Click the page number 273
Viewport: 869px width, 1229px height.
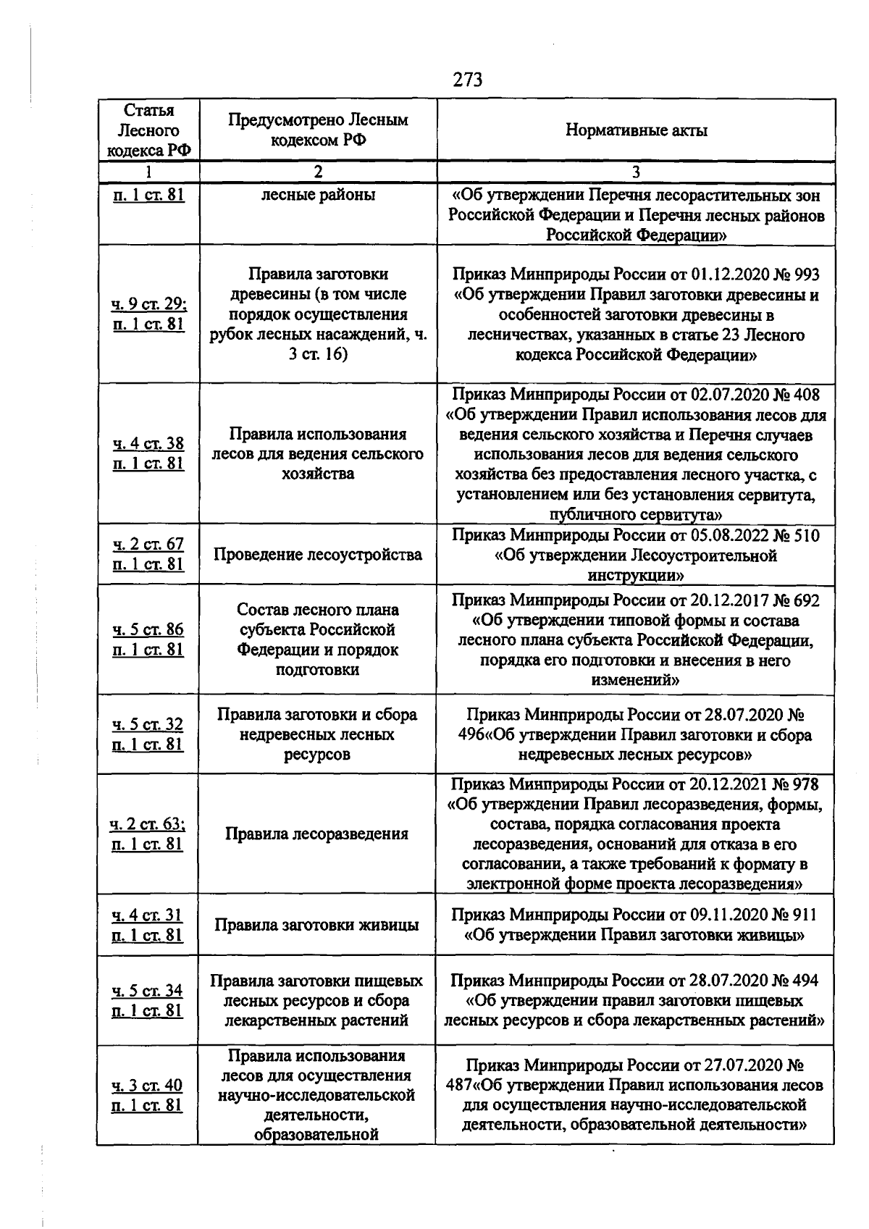[468, 80]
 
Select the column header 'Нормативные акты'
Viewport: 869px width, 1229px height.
[636, 130]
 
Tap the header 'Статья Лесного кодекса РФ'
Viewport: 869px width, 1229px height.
[148, 130]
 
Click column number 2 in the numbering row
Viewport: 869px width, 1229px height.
[317, 172]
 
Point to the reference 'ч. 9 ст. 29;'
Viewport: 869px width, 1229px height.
[148, 304]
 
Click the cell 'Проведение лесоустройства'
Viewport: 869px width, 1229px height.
[317, 555]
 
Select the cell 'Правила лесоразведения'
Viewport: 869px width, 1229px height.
[317, 834]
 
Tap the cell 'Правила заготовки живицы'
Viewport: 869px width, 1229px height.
[317, 925]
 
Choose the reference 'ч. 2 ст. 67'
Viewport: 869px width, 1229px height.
[148, 544]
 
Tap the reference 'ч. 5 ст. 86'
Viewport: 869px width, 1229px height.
[148, 629]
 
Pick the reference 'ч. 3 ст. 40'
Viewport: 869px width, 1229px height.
[147, 1085]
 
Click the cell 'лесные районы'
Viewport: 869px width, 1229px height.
[317, 195]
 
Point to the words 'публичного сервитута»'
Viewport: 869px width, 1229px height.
[636, 515]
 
